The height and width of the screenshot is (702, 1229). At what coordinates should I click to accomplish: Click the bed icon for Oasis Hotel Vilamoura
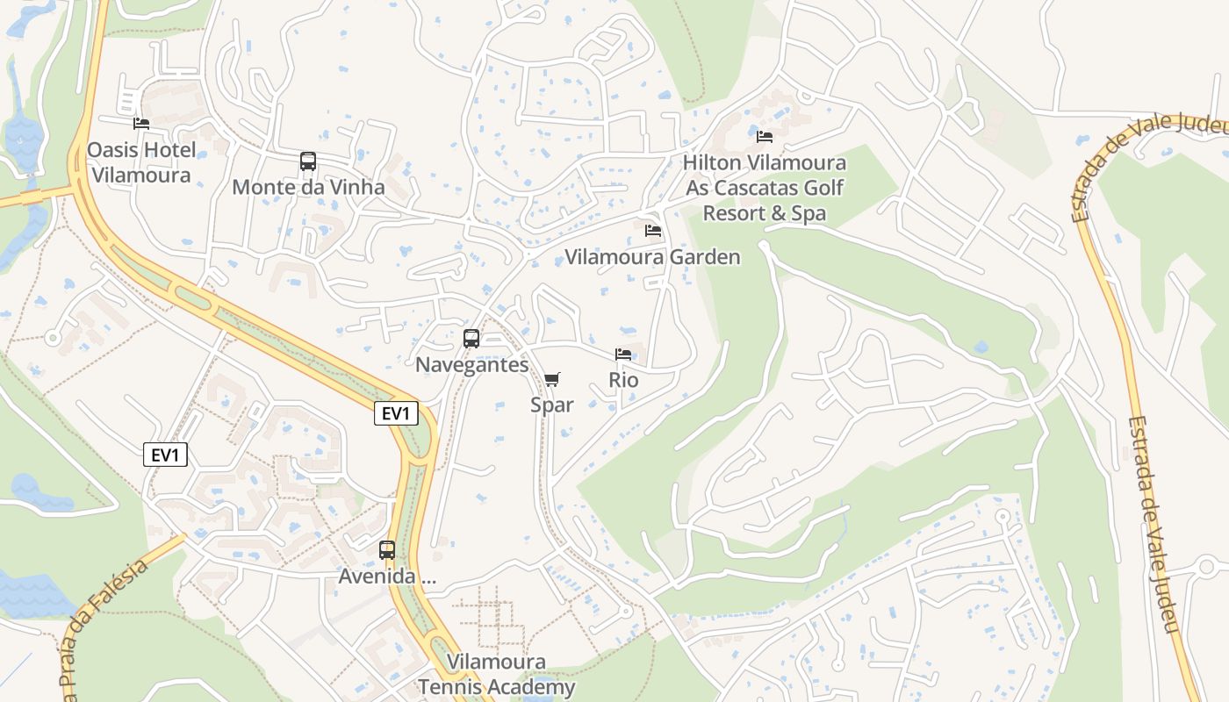pyautogui.click(x=141, y=124)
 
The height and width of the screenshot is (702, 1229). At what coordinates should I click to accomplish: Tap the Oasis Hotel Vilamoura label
pyautogui.click(x=141, y=162)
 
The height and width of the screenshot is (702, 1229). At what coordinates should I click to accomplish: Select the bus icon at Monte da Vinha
pyautogui.click(x=308, y=161)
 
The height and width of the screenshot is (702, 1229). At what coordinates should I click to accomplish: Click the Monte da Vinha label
pyautogui.click(x=308, y=187)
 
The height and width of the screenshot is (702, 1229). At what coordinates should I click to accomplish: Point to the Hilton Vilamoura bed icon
pyautogui.click(x=765, y=137)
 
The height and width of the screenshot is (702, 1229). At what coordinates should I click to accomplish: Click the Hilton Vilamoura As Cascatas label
pyautogui.click(x=765, y=188)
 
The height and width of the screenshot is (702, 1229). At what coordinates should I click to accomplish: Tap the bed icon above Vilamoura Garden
pyautogui.click(x=653, y=231)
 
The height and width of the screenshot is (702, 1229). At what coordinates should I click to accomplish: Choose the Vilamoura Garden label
pyautogui.click(x=652, y=257)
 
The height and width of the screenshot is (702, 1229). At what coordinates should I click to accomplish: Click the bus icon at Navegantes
pyautogui.click(x=471, y=339)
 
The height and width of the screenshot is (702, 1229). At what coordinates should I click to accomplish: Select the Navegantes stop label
pyautogui.click(x=471, y=365)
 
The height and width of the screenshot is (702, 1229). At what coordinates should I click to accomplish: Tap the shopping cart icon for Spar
pyautogui.click(x=551, y=379)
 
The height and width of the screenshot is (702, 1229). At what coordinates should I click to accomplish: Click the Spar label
pyautogui.click(x=551, y=405)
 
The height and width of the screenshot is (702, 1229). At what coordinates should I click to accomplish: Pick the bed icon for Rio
pyautogui.click(x=623, y=355)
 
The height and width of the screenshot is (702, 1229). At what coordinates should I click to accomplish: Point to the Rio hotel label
pyautogui.click(x=623, y=381)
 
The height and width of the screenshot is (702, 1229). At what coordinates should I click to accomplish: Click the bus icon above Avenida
pyautogui.click(x=387, y=551)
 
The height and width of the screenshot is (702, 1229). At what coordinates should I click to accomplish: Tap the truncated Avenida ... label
pyautogui.click(x=387, y=577)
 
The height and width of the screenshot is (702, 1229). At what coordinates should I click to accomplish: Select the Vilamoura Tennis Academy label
pyautogui.click(x=497, y=675)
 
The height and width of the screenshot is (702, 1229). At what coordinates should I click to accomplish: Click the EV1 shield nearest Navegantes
pyautogui.click(x=396, y=413)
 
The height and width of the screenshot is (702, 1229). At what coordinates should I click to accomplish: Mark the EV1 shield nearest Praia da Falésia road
pyautogui.click(x=165, y=455)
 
